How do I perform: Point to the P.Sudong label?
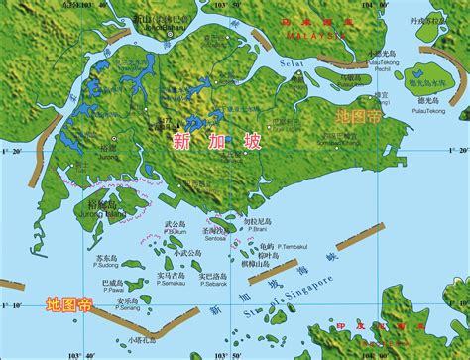coord(107,266)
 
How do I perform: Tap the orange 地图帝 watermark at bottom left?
coord(69,304)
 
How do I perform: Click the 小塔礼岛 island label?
coord(141,339)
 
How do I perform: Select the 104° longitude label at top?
coord(388,5)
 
